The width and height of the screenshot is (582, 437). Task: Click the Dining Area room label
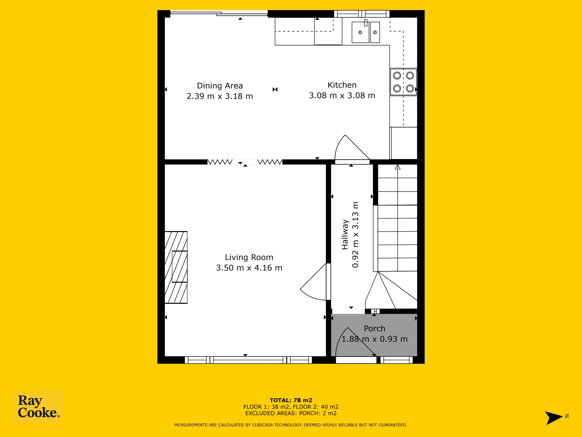[x=220, y=86]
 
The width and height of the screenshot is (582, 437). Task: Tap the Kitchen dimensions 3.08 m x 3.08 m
[x=342, y=95]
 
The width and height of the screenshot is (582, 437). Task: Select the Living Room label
[x=249, y=257]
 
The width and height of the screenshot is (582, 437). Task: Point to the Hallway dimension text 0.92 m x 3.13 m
[x=356, y=235]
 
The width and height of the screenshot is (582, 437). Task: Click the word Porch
[x=374, y=328]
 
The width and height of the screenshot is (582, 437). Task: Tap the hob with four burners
[x=403, y=82]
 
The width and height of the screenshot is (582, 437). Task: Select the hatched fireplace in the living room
[x=176, y=267]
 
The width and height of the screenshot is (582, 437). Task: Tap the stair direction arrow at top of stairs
[x=398, y=167]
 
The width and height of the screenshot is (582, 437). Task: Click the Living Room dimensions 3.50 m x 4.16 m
[x=249, y=268]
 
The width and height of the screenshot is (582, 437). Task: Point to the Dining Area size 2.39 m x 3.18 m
[x=220, y=96]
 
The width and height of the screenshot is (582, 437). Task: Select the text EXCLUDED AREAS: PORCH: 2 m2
[x=291, y=413]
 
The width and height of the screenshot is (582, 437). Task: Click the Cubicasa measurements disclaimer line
[x=291, y=425]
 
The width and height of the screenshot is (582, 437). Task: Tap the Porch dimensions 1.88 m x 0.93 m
[x=374, y=339]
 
